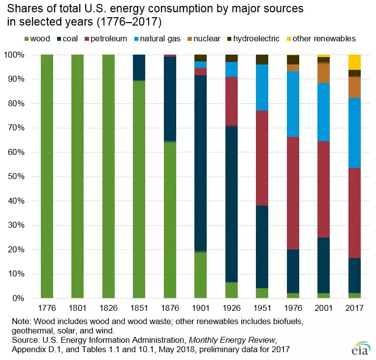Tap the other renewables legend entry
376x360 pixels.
coord(323,38)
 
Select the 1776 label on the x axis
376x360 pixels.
coord(47,309)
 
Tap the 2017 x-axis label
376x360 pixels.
coord(354,309)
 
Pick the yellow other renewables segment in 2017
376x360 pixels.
coord(354,62)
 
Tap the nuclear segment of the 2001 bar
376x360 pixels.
coord(323,73)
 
